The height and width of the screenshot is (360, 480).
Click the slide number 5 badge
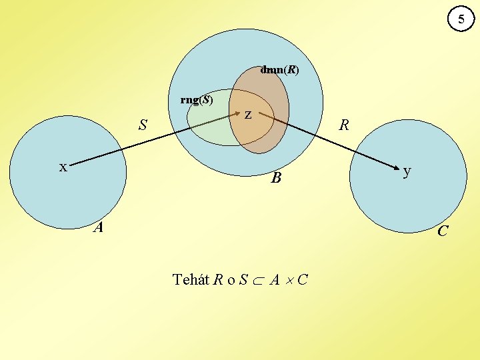point(459,20)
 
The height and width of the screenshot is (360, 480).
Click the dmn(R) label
point(279,69)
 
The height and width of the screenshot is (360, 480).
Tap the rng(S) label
point(197,100)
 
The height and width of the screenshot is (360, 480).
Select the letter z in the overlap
point(247,115)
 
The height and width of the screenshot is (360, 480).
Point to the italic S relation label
point(143,125)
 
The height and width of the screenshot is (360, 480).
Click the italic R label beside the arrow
point(344,125)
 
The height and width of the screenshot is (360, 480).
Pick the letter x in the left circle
point(63,167)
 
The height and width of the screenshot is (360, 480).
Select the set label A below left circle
point(99,228)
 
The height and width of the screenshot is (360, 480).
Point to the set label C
point(443,231)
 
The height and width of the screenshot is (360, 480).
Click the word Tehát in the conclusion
point(191,279)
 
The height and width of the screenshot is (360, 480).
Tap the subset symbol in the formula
point(259,280)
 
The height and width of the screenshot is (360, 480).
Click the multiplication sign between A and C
point(288,280)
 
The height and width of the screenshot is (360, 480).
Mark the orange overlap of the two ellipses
point(251,130)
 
